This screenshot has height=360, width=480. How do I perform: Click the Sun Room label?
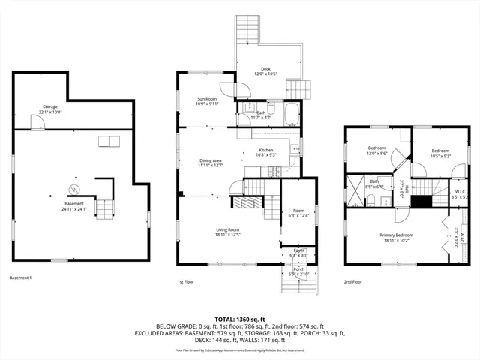[207, 101]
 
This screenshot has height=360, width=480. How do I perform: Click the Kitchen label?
[266, 152]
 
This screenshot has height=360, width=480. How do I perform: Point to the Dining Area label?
[210, 163]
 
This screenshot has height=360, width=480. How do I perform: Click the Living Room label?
[228, 232]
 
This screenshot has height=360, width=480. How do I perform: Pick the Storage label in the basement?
[50, 109]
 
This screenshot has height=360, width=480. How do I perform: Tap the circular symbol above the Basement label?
[73, 187]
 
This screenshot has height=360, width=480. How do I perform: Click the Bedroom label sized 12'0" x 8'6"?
[376, 150]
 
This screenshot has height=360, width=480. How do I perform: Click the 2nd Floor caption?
[353, 282]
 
